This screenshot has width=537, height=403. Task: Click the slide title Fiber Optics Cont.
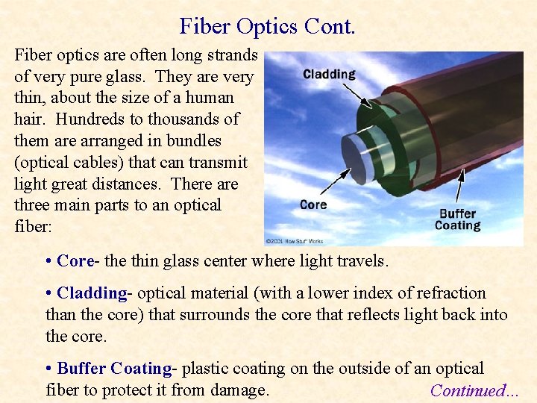[268, 27]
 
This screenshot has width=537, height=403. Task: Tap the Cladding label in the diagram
[329, 74]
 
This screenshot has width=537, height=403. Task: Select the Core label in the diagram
[313, 204]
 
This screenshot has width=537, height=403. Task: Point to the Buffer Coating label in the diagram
[457, 219]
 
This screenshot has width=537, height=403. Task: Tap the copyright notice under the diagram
[295, 241]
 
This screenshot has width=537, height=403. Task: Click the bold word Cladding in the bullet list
[92, 293]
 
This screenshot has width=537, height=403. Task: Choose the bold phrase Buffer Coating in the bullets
[114, 369]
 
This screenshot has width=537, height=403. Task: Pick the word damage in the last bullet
[236, 390]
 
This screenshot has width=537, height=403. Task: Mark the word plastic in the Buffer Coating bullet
[206, 369]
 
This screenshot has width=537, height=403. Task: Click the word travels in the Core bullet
[362, 261]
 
